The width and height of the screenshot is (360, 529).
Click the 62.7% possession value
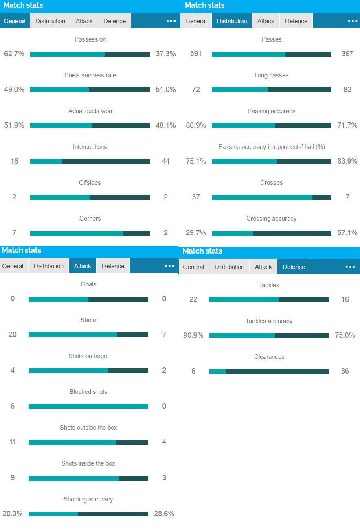click(x=14, y=54)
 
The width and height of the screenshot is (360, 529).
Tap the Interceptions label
click(x=90, y=147)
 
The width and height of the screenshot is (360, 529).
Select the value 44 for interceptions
click(x=165, y=161)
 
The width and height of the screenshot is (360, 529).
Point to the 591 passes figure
click(x=196, y=54)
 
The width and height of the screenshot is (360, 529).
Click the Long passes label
click(x=271, y=75)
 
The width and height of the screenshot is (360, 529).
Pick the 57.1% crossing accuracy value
click(x=347, y=233)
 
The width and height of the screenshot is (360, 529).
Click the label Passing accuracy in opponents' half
click(x=271, y=147)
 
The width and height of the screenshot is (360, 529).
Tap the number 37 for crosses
click(x=196, y=197)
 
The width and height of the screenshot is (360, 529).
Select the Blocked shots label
click(x=88, y=392)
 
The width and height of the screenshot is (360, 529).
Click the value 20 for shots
click(x=13, y=334)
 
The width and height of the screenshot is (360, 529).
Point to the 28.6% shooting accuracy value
click(x=164, y=514)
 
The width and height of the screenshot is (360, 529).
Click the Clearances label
click(x=269, y=357)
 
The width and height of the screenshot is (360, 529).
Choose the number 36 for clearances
click(x=345, y=371)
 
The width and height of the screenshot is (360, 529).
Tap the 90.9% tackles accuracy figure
click(x=193, y=335)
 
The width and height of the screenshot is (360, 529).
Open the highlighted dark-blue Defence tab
click(x=294, y=267)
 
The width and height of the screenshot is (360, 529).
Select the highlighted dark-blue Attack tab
click(x=83, y=266)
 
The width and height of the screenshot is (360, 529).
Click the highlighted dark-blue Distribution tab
click(x=232, y=21)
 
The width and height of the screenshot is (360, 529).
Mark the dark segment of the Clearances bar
click(x=277, y=372)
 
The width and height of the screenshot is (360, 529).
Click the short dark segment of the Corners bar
click(x=136, y=233)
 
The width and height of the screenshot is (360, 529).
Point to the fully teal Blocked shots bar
click(x=88, y=407)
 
